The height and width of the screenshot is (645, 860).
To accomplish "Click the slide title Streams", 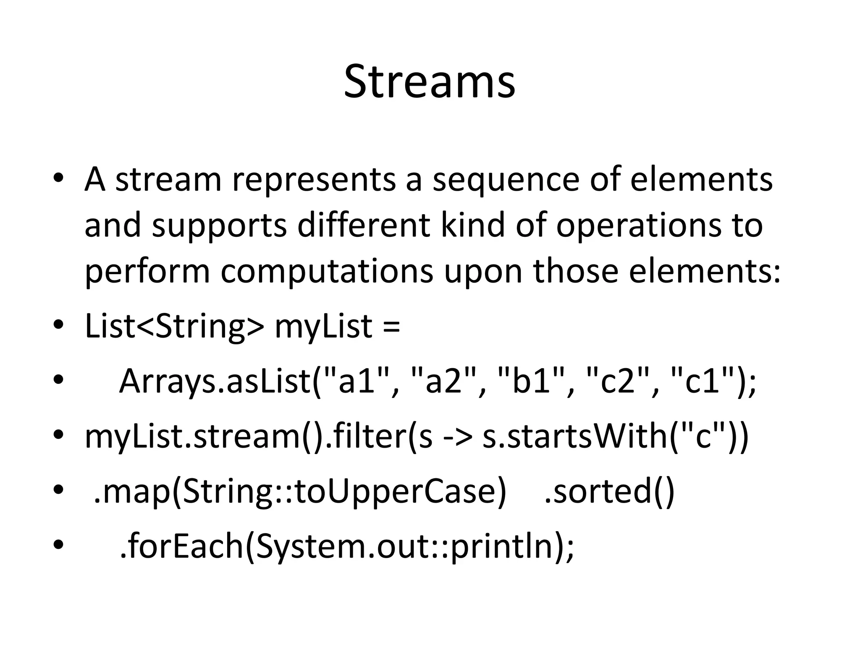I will pos(429,81).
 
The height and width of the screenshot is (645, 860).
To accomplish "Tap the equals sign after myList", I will pos(391,327).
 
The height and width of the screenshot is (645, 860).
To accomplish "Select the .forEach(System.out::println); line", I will pos(346,546).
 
